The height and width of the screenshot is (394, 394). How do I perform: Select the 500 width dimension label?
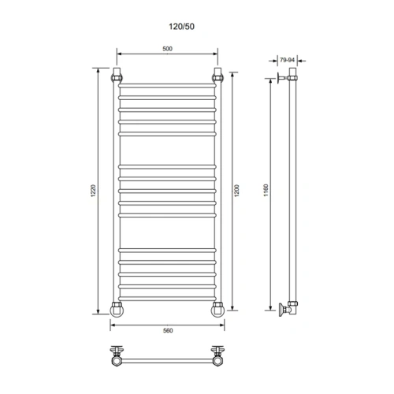click(x=167, y=49)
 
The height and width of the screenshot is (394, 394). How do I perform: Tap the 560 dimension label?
click(x=167, y=329)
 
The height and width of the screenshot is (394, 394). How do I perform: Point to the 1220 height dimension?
click(x=93, y=191)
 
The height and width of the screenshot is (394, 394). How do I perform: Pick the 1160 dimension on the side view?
click(x=267, y=191)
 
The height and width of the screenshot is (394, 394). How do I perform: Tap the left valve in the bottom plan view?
click(x=117, y=355)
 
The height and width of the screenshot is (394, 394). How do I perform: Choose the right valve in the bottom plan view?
click(x=217, y=355)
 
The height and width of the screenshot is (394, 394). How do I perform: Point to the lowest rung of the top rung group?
click(x=167, y=133)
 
